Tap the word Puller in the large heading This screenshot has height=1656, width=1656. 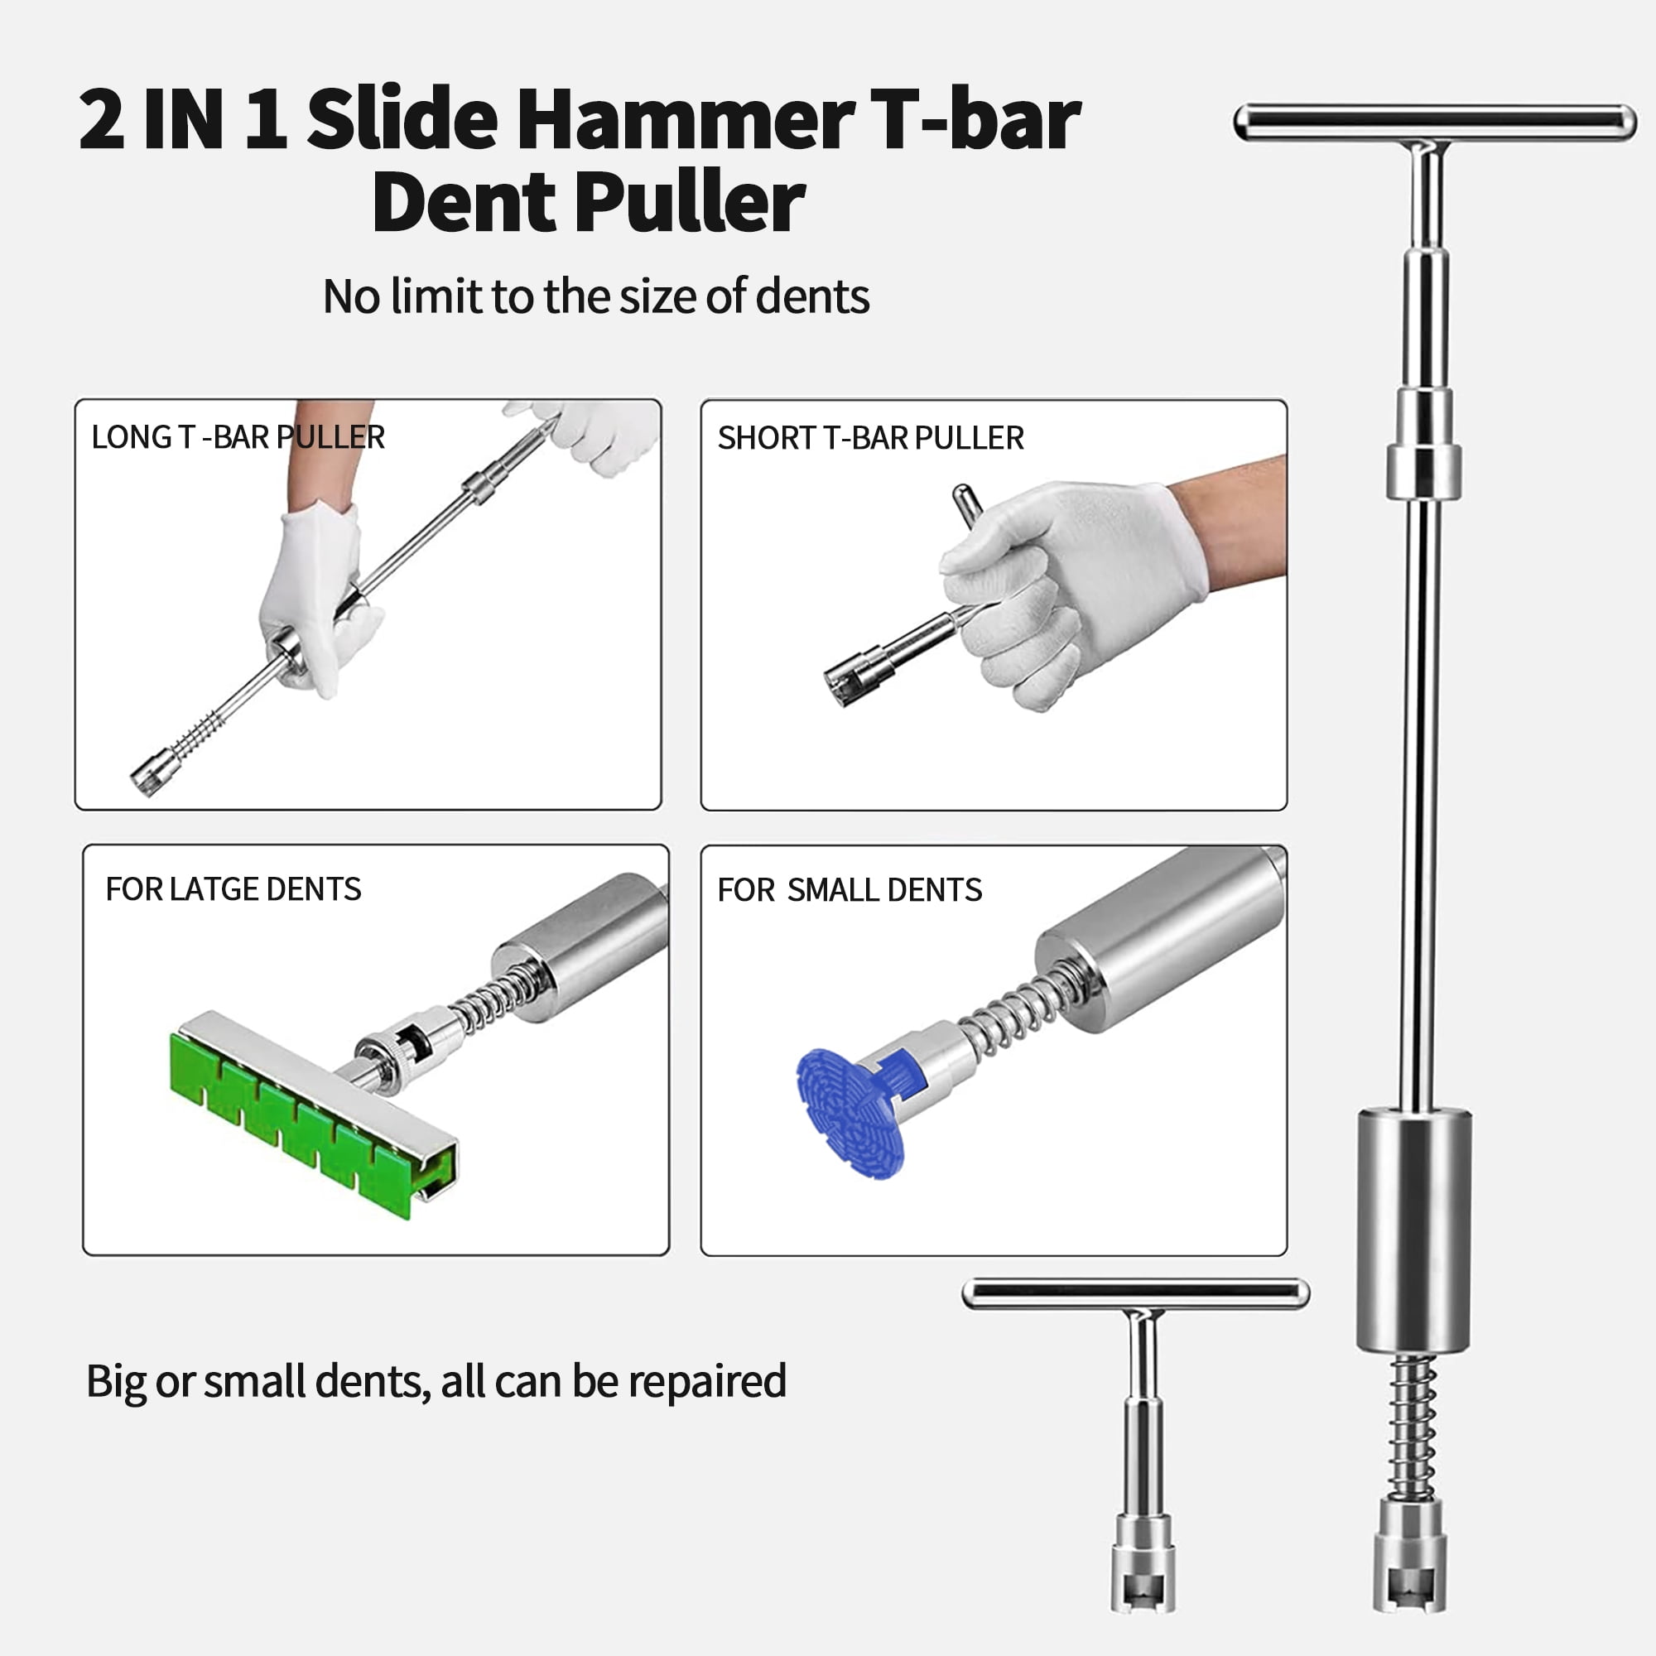point(690,202)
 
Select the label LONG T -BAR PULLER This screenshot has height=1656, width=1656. point(238,437)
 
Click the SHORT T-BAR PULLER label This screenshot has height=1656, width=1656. point(870,438)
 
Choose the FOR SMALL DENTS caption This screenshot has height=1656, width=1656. point(850,890)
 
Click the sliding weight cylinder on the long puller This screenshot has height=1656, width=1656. point(1414,1231)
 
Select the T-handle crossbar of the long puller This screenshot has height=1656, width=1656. point(1435,123)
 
